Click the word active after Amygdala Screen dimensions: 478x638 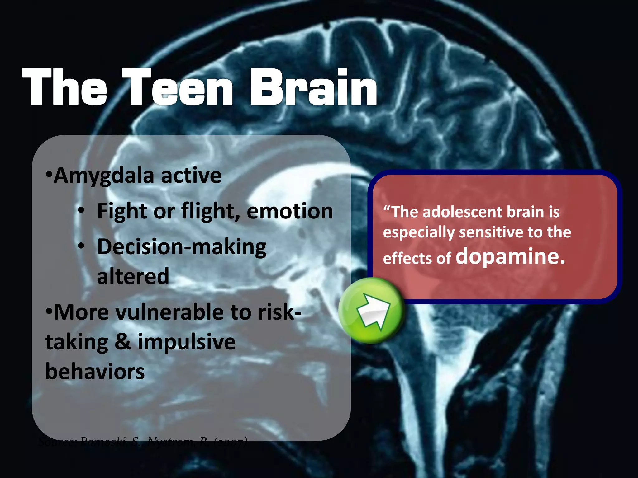pyautogui.click(x=191, y=176)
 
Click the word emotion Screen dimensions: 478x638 pyautogui.click(x=290, y=211)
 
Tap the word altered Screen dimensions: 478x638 pyautogui.click(x=133, y=276)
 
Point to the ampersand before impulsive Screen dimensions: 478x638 pyautogui.click(x=123, y=342)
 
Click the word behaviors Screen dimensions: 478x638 pyautogui.click(x=95, y=372)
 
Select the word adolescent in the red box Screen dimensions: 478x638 pyautogui.click(x=463, y=212)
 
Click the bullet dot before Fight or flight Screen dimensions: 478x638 pyautogui.click(x=81, y=211)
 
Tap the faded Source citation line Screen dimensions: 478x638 pyautogui.click(x=143, y=441)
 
